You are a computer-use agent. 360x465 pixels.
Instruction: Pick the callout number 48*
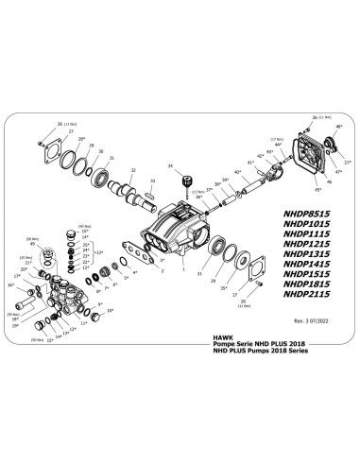pos(337,126)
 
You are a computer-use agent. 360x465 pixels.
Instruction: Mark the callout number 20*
pos(26,268)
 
